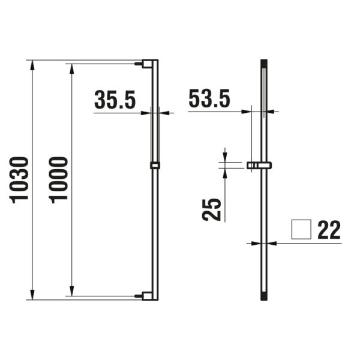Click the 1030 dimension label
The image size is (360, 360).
[20, 179]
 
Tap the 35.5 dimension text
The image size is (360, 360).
[115, 100]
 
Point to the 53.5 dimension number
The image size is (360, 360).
[209, 98]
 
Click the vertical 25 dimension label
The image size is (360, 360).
[212, 209]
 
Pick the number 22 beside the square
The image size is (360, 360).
[329, 230]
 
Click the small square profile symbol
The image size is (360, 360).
[301, 230]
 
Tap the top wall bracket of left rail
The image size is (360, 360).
[146, 63]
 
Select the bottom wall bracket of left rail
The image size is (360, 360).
[146, 295]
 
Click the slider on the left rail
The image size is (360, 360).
[155, 166]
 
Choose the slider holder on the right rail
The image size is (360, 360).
[259, 164]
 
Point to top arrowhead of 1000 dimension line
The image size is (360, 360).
[73, 67]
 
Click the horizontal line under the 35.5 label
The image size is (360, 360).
[120, 112]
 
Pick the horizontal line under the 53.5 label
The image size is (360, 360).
[216, 112]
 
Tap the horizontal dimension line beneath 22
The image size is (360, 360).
[306, 243]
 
